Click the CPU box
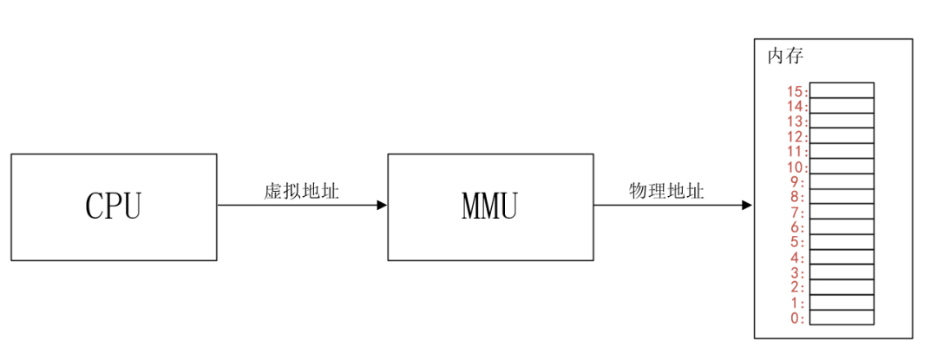tap(114, 206)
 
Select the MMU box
tap(490, 206)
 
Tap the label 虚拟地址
tap(302, 191)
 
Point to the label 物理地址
tap(666, 191)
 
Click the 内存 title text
tap(785, 56)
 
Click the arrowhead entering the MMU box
tap(382, 206)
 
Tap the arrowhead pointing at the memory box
tap(747, 206)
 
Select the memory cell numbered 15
tap(842, 90)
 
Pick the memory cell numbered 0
tap(842, 317)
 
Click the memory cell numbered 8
tap(842, 196)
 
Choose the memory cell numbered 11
tap(842, 151)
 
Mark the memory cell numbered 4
tap(842, 257)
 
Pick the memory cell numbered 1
tap(842, 303)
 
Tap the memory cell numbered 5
tap(842, 242)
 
